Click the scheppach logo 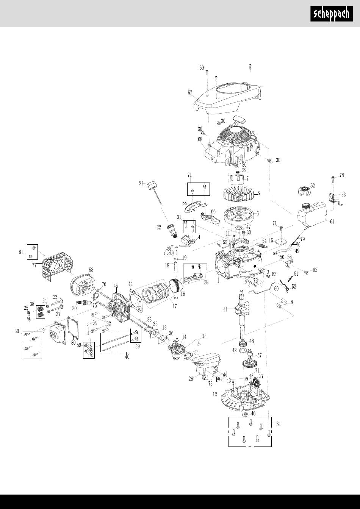[331, 14]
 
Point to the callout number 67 [190, 93]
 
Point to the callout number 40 [127, 356]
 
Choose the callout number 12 [215, 395]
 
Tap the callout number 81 [21, 252]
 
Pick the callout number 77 [34, 265]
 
